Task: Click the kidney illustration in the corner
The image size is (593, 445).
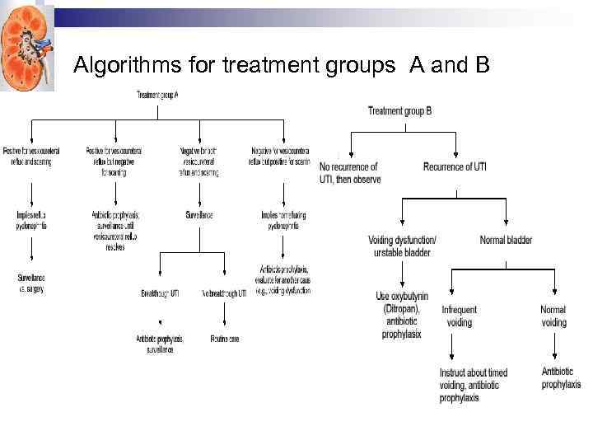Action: (x=25, y=45)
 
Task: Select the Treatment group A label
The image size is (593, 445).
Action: (x=157, y=96)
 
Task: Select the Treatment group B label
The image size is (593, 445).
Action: (x=399, y=110)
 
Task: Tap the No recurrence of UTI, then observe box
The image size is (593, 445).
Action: (x=350, y=173)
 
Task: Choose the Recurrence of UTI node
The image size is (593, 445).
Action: (x=455, y=167)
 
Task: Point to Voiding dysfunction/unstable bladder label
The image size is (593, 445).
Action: (x=402, y=246)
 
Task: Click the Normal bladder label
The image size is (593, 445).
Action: (x=506, y=241)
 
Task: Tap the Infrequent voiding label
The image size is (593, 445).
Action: (x=459, y=316)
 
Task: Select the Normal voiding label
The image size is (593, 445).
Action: (x=553, y=316)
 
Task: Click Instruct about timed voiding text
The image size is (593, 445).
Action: (x=473, y=385)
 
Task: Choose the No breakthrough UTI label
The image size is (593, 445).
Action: (x=224, y=293)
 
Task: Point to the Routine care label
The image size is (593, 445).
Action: (x=224, y=339)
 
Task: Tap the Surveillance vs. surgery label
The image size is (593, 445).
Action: (x=30, y=283)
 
